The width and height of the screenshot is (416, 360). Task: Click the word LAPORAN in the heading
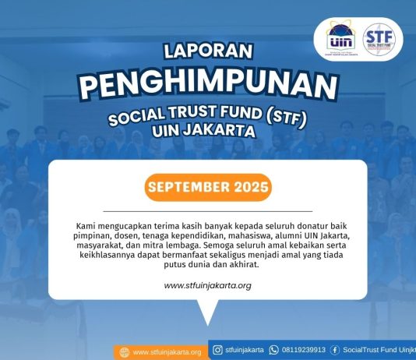pos(208,51)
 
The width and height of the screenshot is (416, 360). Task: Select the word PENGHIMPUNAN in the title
pos(208,85)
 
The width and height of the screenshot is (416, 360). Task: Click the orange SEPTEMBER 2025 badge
pos(208,188)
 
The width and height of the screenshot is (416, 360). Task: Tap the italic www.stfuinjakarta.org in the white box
pos(207,285)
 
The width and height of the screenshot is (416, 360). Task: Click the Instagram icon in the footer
pos(217,350)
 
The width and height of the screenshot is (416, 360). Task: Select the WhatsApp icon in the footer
pos(273,350)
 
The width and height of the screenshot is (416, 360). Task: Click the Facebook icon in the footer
pos(335,350)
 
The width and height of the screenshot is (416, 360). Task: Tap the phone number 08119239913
pos(304,350)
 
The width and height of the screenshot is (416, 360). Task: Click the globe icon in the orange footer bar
pos(124,352)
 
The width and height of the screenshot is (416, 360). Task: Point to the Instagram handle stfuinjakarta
pos(244,350)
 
